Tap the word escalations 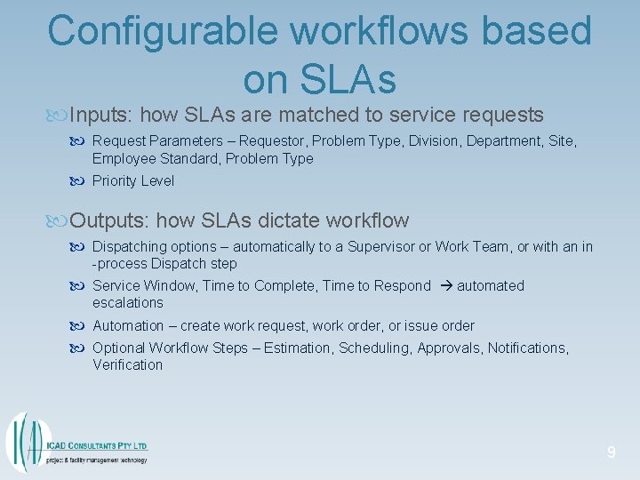128,303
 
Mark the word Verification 128,365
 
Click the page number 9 611,453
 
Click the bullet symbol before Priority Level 79,181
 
